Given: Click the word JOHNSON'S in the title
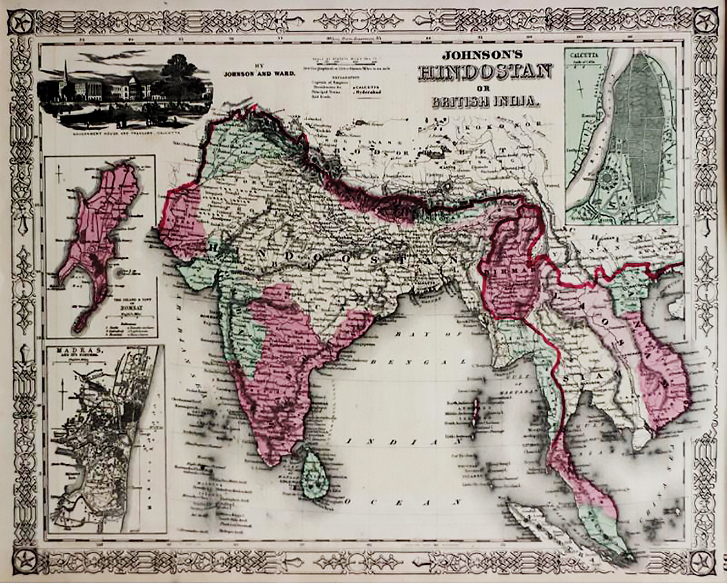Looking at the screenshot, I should (483, 55).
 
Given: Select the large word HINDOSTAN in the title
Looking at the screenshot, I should (485, 73).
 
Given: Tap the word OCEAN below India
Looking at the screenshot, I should (401, 502).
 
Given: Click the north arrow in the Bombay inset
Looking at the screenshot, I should (58, 175).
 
